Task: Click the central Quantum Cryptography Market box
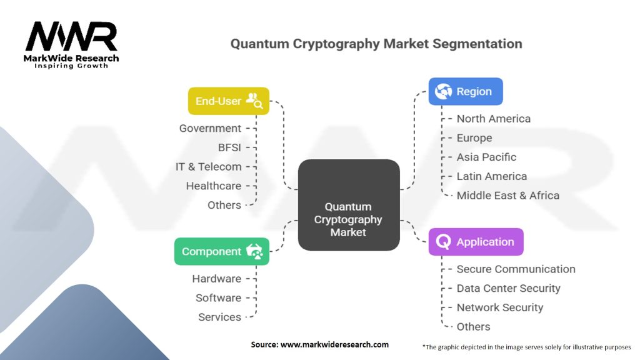coord(348,205)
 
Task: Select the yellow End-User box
coord(229,101)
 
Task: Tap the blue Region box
coord(466,91)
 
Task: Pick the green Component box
coord(222,251)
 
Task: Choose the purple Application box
coord(476,242)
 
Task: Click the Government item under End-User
coord(210,128)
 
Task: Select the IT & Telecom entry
coord(208,167)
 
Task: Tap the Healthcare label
coord(213,186)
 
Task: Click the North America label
coord(493,119)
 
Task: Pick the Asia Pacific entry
coord(486,157)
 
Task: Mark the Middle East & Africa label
coord(507,195)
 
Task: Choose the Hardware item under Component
coord(216,279)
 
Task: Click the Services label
coord(219,317)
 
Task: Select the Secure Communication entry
coord(516,269)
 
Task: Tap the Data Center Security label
coord(508,288)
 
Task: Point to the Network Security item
coord(499,307)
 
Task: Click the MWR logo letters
coord(71,37)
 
